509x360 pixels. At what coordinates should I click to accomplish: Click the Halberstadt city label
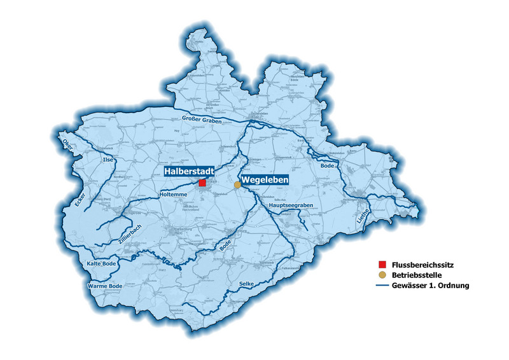(188, 172)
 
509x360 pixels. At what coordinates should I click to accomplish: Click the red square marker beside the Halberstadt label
(202, 183)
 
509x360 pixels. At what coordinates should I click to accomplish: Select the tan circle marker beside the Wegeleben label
(237, 184)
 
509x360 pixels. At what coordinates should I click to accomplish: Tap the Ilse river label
(108, 160)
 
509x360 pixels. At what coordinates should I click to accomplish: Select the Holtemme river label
(173, 193)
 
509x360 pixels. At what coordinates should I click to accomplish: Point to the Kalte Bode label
(101, 263)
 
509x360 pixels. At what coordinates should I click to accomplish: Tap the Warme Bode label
(104, 287)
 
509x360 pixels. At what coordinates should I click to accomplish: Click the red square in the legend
(382, 264)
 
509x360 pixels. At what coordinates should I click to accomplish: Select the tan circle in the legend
(382, 275)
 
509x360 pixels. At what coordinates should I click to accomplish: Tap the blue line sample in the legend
(382, 286)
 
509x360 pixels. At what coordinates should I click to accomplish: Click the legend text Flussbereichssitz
(422, 264)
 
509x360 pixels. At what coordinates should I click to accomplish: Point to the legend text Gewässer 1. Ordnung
(431, 286)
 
